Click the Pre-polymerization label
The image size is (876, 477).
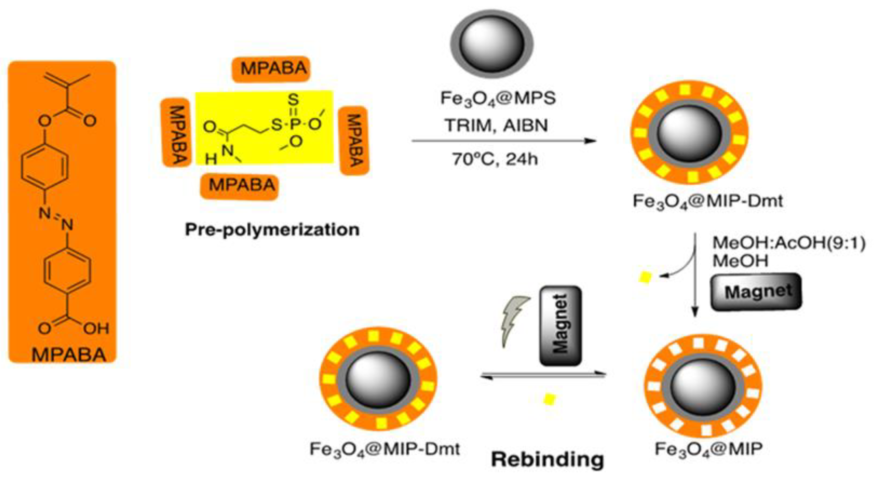pos(272,230)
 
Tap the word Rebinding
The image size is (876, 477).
pos(547,460)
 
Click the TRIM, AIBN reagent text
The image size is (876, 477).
pos(496,125)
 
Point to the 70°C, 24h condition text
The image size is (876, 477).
pos(495,159)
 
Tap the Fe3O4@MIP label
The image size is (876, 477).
pos(709,449)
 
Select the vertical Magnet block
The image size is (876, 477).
pos(560,325)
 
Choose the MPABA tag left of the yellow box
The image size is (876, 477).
pos(176,133)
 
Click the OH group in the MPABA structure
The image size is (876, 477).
pos(96,328)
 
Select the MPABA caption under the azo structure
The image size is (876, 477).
pos(69,355)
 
